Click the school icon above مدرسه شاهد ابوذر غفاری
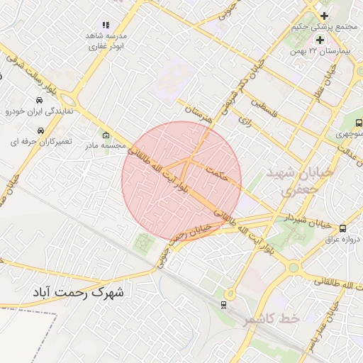tap(106, 25)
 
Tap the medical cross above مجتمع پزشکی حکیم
tap(324, 16)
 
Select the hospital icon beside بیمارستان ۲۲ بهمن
tap(319, 40)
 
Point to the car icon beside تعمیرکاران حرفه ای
tap(41, 130)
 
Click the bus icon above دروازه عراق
tap(343, 228)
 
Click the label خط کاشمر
tap(272, 320)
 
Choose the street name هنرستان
tap(198, 114)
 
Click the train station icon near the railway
tap(224, 305)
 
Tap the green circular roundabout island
tap(293, 267)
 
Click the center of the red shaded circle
tap(182, 181)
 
